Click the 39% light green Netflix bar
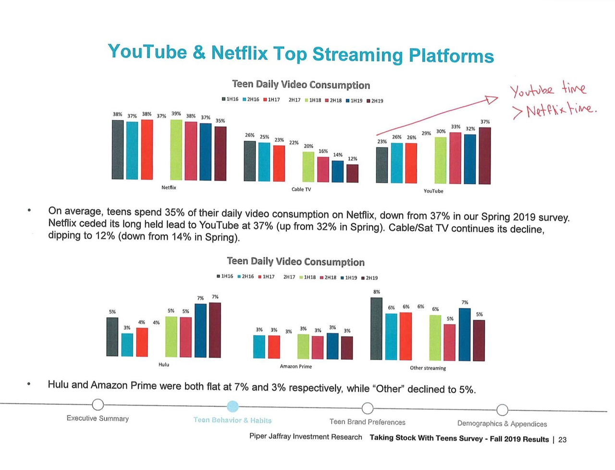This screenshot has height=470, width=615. coord(176,150)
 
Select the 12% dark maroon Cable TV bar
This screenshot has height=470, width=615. coord(352,173)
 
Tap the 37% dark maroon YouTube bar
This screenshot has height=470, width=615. coord(485,156)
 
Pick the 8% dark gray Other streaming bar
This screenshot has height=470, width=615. coord(377,328)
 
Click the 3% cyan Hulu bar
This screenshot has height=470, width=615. coord(127,345)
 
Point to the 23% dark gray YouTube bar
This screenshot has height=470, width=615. coord(381,165)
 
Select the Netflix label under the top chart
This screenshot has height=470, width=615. coord(169,187)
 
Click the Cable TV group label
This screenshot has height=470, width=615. coord(301,189)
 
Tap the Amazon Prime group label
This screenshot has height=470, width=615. coord(295,366)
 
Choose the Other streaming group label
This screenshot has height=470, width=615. coord(428,368)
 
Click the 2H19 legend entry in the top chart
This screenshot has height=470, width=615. coord(375,101)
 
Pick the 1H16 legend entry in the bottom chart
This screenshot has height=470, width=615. coord(224,276)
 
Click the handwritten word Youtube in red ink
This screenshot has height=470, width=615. coord(532,90)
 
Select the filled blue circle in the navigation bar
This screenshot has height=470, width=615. coord(233,407)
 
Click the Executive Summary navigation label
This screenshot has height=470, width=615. coord(98,418)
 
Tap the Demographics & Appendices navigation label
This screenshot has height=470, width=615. coord(502,423)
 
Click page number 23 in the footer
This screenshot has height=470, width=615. coord(562,439)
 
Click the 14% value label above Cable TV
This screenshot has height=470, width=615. coord(338,155)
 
